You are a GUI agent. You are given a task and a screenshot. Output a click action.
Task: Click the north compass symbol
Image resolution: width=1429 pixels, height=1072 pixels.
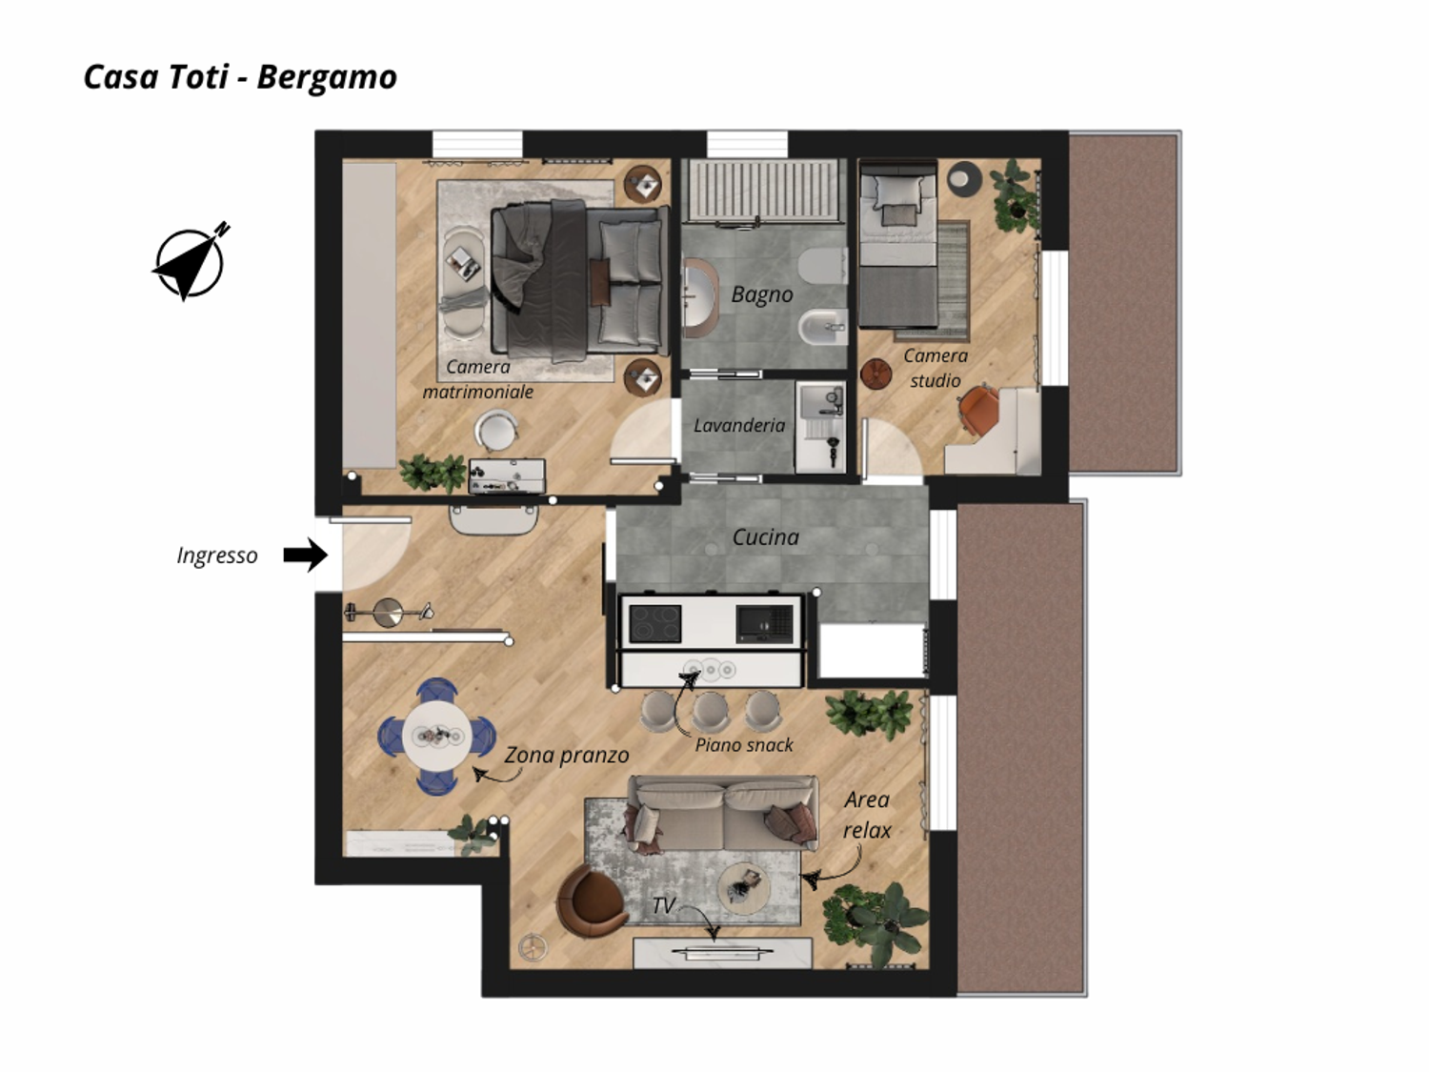tap(191, 263)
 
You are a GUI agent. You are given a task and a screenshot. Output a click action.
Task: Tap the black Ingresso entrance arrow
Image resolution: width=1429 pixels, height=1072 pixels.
tap(306, 556)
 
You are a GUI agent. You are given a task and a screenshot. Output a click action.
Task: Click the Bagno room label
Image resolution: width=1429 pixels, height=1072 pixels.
tap(762, 294)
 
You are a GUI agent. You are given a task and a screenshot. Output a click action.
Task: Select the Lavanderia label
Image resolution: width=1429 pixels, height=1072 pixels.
tap(739, 425)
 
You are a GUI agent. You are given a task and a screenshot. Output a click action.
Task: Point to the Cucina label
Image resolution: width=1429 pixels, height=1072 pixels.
tap(766, 537)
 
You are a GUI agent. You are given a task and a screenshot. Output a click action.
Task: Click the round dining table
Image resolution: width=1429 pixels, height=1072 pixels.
tap(437, 737)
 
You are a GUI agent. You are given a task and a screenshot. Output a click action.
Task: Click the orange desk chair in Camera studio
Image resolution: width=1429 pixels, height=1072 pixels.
tap(978, 409)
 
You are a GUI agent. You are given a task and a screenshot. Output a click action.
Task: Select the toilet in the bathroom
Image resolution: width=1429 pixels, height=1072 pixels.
tap(822, 266)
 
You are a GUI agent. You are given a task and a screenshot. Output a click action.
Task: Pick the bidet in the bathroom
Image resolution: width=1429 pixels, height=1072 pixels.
tap(823, 327)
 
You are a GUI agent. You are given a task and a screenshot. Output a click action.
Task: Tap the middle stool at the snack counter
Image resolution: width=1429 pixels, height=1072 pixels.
tap(710, 712)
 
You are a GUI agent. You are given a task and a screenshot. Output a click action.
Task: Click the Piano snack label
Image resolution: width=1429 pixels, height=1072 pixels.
tap(743, 745)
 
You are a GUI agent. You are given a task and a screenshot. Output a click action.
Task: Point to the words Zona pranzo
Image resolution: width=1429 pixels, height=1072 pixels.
tap(567, 755)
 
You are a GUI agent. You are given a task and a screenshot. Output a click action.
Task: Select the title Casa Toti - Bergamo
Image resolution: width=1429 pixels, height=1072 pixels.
tap(240, 77)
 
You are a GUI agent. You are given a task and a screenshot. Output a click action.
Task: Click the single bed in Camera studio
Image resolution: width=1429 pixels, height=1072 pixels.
tap(898, 244)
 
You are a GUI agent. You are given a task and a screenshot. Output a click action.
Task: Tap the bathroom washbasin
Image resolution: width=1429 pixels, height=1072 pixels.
tap(700, 296)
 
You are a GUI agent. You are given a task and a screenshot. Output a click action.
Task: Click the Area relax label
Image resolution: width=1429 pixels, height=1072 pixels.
tap(867, 815)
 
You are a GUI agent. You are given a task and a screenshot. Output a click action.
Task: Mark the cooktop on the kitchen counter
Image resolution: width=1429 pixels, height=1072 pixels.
tap(654, 623)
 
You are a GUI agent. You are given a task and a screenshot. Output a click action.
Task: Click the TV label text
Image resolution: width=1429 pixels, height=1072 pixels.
tap(663, 905)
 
